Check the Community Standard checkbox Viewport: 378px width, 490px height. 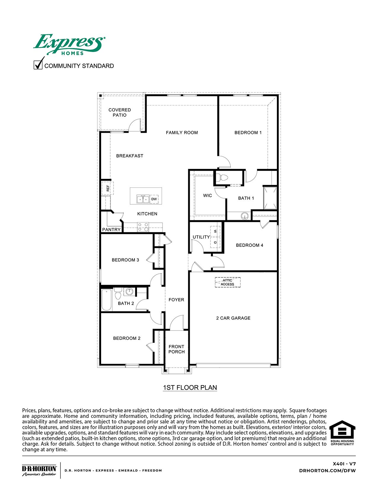point(38,65)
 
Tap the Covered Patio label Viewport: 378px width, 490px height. point(119,113)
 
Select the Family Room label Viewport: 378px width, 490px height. point(182,133)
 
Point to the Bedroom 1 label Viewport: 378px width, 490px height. point(248,133)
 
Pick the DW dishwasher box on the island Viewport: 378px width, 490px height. point(154,199)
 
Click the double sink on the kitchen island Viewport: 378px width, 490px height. point(143,199)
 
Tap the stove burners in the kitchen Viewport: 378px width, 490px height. point(143,227)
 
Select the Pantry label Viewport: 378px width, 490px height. point(111,230)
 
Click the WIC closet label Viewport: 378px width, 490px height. point(207,196)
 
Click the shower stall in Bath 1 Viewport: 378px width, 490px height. point(270,198)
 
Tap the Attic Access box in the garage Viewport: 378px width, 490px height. point(227,282)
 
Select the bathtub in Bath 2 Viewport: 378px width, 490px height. point(106,300)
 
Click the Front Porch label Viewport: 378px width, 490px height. point(176,349)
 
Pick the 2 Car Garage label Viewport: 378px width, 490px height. point(233,318)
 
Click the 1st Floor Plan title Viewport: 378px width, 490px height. point(190,388)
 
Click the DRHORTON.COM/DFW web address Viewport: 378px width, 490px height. point(327,470)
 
